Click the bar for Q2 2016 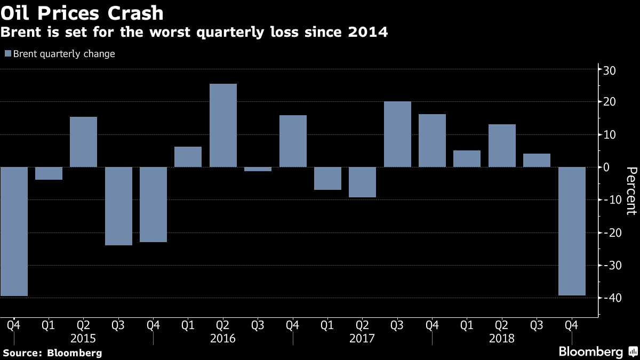tap(223, 125)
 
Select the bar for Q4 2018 tap(571, 231)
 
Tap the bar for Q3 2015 tap(118, 206)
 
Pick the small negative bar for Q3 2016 tap(258, 169)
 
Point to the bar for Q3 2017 tap(397, 134)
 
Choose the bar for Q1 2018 tap(467, 158)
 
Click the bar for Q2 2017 tap(362, 182)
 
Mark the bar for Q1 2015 tap(49, 173)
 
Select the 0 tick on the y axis tap(613, 167)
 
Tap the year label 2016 tap(223, 339)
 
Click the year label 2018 tap(501, 339)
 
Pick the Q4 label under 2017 tap(431, 324)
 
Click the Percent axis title tap(631, 190)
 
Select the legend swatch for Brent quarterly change tap(7, 54)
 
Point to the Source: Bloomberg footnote tap(52, 353)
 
